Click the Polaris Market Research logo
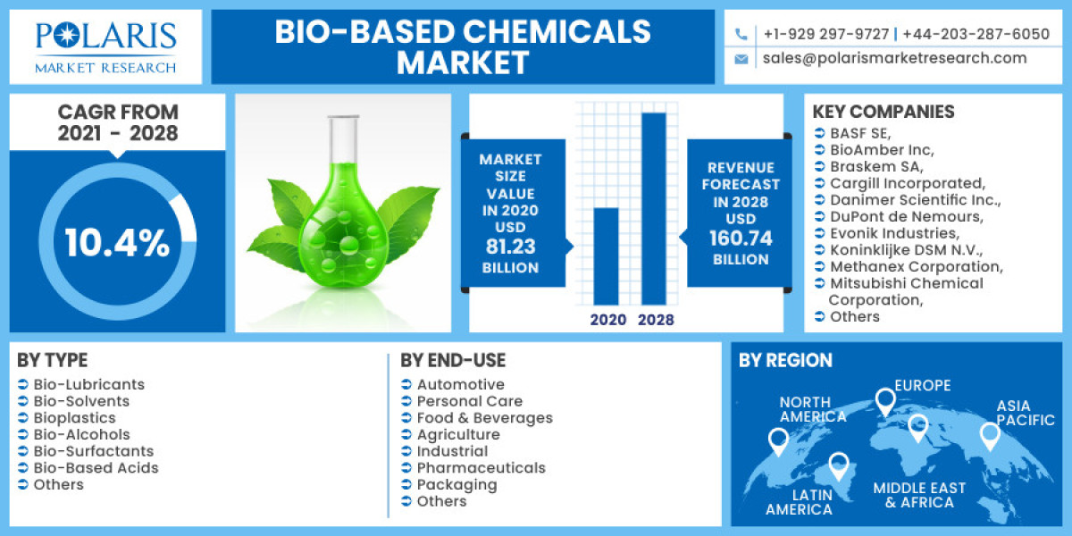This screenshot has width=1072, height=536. pos(105,46)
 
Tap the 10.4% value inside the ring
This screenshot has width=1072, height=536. pos(116,243)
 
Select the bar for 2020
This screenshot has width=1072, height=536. pos(607,256)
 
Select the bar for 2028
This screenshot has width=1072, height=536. pos(653,208)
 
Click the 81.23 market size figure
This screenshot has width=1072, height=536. pos(511,247)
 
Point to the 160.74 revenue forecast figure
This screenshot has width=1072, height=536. pos(741,239)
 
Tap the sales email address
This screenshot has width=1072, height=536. pos(894,58)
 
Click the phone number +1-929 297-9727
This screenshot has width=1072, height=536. pos(826,34)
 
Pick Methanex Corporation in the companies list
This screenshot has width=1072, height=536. pos(916,266)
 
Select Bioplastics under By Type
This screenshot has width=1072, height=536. pos(74,418)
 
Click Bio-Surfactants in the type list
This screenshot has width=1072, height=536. pos(94,451)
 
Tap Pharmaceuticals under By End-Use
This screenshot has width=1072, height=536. pos(481,468)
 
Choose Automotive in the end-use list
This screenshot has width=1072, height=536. pos(460,385)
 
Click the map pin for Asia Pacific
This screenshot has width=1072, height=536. pos(989,435)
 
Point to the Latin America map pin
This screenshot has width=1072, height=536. pos(838,464)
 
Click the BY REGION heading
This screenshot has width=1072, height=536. pos(785,361)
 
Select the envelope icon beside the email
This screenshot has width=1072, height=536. pos(741,59)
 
